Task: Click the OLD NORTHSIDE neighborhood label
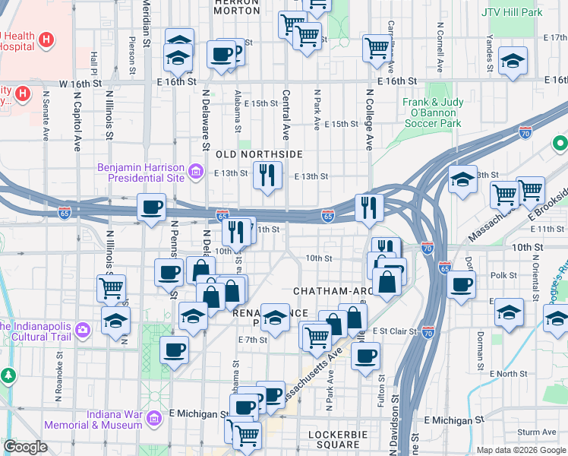point(260,154)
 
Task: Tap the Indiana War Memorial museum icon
point(154,418)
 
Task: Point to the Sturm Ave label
point(538,432)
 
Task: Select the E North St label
point(508,374)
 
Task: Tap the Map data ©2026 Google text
point(521,450)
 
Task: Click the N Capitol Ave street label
point(77,122)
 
